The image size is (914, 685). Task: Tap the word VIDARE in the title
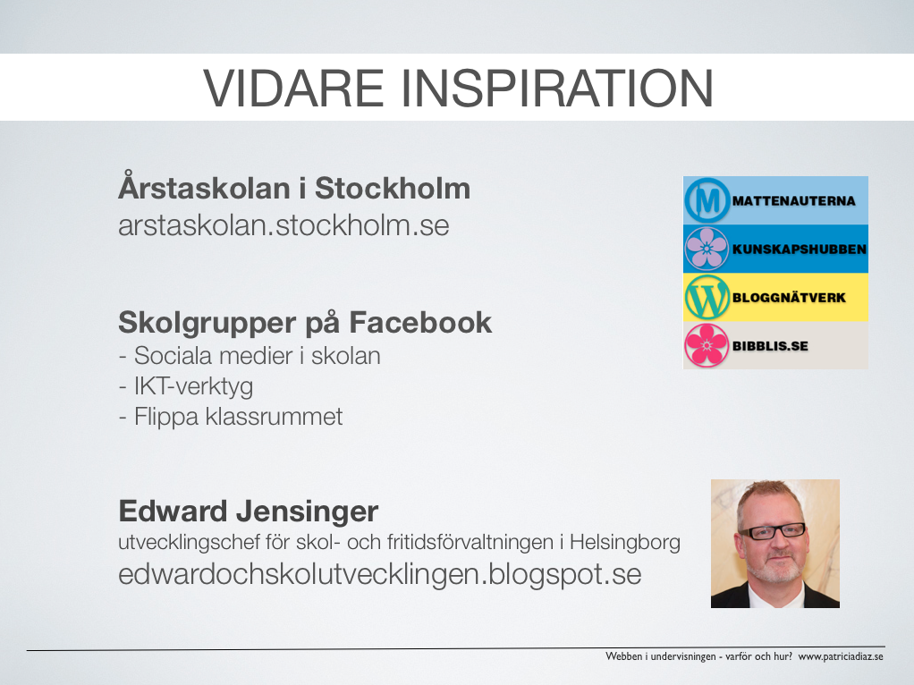pyautogui.click(x=293, y=88)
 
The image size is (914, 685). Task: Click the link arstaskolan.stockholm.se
pyautogui.click(x=284, y=225)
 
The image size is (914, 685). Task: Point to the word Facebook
pyautogui.click(x=420, y=323)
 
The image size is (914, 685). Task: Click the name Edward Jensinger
pyautogui.click(x=249, y=512)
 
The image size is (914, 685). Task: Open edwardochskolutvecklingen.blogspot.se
pyautogui.click(x=379, y=574)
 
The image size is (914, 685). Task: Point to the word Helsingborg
pyautogui.click(x=625, y=543)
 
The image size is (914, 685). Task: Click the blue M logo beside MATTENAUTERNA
pyautogui.click(x=707, y=200)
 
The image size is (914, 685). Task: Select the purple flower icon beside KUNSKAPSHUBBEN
pyautogui.click(x=707, y=249)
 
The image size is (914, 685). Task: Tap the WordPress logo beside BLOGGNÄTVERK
pyautogui.click(x=707, y=297)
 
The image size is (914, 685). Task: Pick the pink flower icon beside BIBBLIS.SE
pyautogui.click(x=707, y=346)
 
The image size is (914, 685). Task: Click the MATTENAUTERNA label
pyautogui.click(x=794, y=200)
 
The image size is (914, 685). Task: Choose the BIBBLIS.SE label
pyautogui.click(x=770, y=346)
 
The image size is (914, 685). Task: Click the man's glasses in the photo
pyautogui.click(x=772, y=532)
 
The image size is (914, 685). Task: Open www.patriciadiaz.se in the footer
pyautogui.click(x=841, y=656)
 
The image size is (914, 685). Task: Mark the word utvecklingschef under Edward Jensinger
pyautogui.click(x=190, y=543)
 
